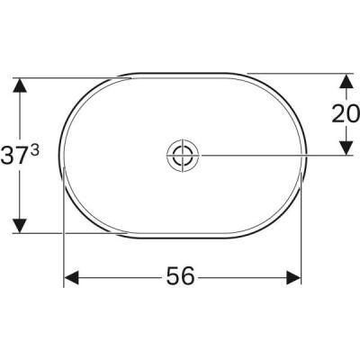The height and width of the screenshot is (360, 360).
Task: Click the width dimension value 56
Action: click(x=180, y=277)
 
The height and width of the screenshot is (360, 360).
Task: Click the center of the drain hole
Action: click(x=181, y=155)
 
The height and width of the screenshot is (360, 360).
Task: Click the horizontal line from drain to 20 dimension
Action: click(x=270, y=155)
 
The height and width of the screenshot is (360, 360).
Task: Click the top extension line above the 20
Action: click(x=297, y=72)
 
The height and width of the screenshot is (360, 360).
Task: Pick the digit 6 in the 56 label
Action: click(x=189, y=277)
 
